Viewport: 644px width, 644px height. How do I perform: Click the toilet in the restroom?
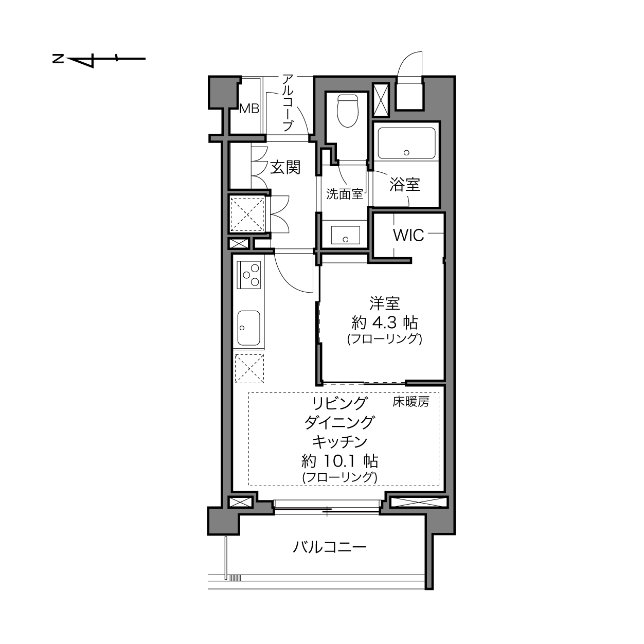(348, 111)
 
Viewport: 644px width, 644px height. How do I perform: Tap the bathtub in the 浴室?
(406, 143)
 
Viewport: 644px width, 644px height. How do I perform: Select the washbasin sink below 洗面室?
(346, 235)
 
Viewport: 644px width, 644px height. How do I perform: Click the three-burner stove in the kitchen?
(248, 275)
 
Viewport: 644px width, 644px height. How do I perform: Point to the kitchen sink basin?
(248, 328)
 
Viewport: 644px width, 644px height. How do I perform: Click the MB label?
(249, 109)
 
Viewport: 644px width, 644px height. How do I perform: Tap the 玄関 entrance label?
(285, 168)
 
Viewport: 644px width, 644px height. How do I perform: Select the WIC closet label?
(408, 236)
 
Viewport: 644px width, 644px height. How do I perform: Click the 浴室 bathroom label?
(405, 185)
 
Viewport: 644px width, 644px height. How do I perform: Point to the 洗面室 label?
(345, 194)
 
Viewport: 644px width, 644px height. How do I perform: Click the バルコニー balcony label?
(330, 547)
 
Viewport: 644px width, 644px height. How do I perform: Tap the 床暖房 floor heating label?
(410, 401)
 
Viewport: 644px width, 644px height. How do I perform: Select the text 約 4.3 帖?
(385, 323)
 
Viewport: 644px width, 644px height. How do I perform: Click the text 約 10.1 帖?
(340, 461)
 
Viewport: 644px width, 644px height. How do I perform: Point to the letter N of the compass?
(58, 59)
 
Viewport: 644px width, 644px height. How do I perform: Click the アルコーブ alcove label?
(288, 103)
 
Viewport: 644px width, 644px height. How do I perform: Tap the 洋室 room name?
(385, 303)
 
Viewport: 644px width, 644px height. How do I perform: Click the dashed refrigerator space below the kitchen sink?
(249, 369)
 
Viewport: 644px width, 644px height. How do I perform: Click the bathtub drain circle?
(406, 153)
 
